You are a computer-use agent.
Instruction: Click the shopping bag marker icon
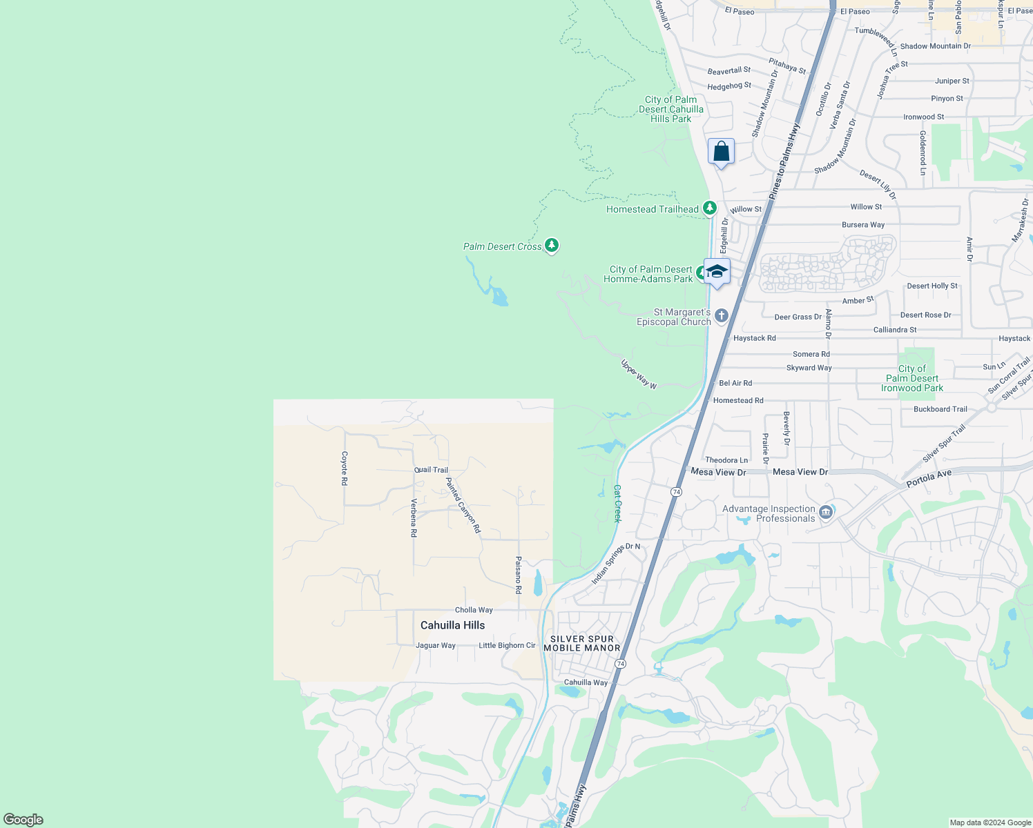tap(721, 151)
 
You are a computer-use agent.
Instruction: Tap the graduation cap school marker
tap(717, 271)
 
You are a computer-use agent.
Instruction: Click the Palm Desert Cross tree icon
tap(551, 245)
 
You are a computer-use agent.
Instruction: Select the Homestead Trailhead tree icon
tap(709, 208)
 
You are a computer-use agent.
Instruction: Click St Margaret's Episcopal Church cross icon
tap(722, 316)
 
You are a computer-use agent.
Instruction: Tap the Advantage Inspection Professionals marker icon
tap(826, 513)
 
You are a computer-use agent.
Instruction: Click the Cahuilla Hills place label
tap(452, 625)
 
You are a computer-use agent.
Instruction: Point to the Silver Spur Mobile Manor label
tap(581, 643)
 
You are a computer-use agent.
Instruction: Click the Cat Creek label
tap(617, 503)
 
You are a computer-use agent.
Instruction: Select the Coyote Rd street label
tap(345, 468)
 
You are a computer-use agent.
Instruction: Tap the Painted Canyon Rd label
tap(463, 505)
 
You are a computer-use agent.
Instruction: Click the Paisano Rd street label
tap(518, 575)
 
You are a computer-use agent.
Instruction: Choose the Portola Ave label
tap(929, 477)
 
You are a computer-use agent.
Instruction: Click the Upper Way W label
tap(639, 374)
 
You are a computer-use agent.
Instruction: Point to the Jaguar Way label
tap(436, 646)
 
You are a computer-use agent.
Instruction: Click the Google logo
tap(23, 820)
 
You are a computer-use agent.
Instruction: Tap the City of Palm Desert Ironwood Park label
tap(911, 378)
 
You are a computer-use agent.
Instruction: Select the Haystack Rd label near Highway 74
tap(754, 338)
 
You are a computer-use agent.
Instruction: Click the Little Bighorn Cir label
tap(507, 646)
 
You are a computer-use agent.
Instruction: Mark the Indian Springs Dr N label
tap(615, 563)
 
